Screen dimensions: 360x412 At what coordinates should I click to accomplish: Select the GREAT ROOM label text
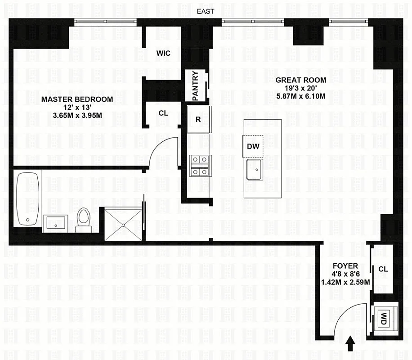[301, 80]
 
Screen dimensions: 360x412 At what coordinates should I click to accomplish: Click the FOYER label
[345, 266]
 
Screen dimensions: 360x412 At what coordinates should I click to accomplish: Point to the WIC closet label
[163, 53]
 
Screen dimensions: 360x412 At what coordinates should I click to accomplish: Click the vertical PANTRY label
[195, 85]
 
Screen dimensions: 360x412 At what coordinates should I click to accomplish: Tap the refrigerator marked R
[198, 120]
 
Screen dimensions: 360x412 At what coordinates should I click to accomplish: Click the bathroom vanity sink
[55, 223]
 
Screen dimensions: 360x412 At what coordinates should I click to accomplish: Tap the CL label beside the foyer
[383, 269]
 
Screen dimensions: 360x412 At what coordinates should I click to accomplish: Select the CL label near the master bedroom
[163, 113]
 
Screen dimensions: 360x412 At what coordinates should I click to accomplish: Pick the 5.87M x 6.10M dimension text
[301, 96]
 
